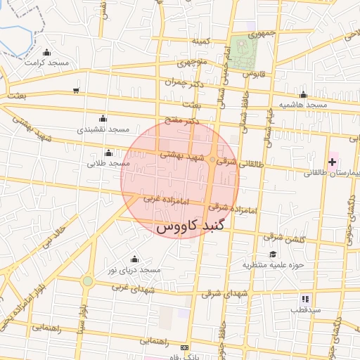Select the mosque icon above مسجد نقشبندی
click(103, 118)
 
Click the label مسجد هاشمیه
click(303, 105)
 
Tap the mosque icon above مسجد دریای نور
click(134, 259)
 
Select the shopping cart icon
click(75, 90)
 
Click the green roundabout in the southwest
click(87, 281)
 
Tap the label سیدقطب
click(307, 309)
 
